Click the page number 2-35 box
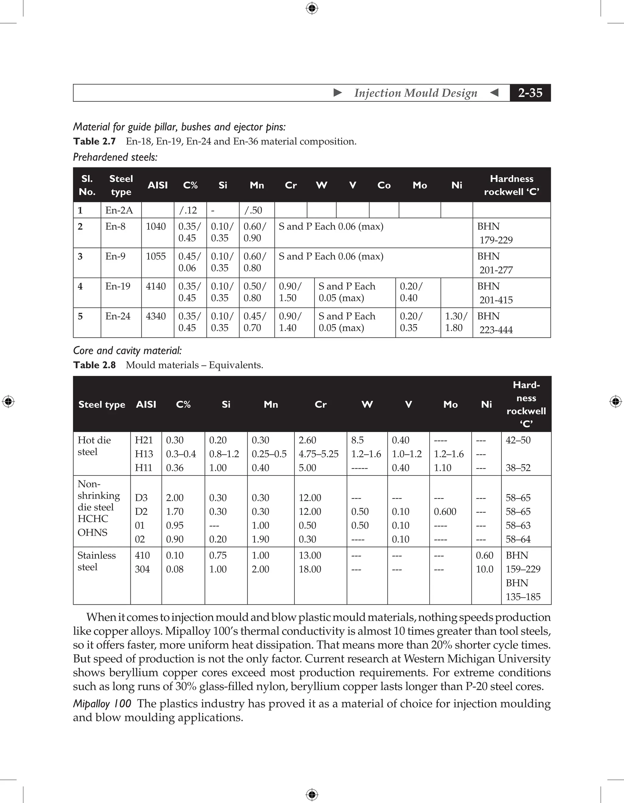click(x=530, y=93)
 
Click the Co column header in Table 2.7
click(x=384, y=185)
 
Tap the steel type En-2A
click(x=119, y=210)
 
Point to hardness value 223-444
click(x=496, y=330)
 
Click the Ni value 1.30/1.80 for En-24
click(x=456, y=322)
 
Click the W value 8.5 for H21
click(x=357, y=440)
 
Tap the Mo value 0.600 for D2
click(x=445, y=511)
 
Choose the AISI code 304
click(x=142, y=569)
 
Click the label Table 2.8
click(x=94, y=365)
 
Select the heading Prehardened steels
click(x=115, y=157)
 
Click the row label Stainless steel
click(x=96, y=561)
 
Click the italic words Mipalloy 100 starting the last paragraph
click(x=102, y=704)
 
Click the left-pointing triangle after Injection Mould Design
click(x=494, y=93)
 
